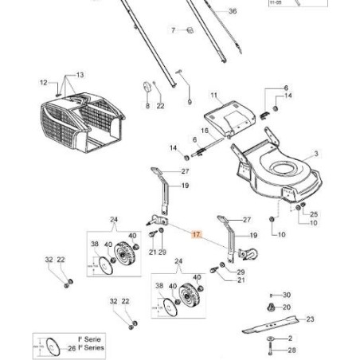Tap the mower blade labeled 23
tap(272, 325)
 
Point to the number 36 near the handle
tap(233, 11)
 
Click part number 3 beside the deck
tap(315, 153)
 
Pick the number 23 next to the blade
tap(310, 319)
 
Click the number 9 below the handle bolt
tap(190, 102)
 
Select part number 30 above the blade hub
tap(287, 294)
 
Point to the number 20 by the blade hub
tap(287, 307)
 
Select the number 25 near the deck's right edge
tap(313, 215)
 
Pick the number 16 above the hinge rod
tap(204, 131)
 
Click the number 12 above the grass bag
tap(45, 81)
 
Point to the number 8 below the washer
tap(147, 105)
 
